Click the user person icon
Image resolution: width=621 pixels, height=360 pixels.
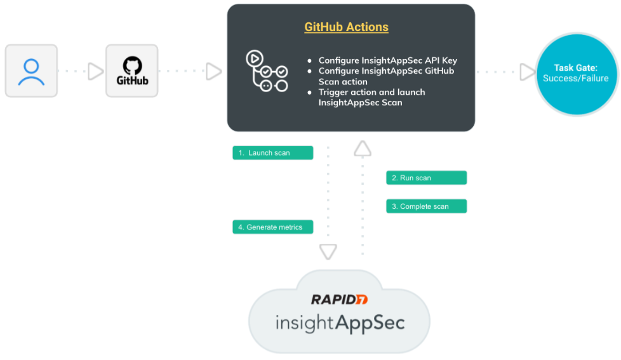click(x=31, y=71)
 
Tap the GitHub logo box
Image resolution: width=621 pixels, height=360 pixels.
click(x=132, y=71)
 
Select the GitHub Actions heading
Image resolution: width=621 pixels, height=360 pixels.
click(x=346, y=27)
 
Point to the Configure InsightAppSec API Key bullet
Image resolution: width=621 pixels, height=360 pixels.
click(x=387, y=61)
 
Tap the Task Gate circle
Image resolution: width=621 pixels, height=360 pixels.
click(x=576, y=72)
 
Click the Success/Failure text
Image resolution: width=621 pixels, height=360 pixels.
click(x=576, y=78)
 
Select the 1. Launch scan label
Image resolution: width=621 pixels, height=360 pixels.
click(x=273, y=153)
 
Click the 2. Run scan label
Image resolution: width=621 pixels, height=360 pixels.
click(x=426, y=178)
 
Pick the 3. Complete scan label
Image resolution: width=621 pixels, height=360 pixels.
click(x=426, y=206)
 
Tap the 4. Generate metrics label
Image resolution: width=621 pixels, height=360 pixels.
click(x=273, y=227)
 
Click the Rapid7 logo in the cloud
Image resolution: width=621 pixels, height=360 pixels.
click(x=339, y=299)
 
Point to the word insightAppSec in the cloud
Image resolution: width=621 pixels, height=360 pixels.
click(x=340, y=322)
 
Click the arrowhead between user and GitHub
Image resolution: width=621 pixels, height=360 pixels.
click(x=95, y=72)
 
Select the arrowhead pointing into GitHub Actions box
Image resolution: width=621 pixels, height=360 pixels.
click(x=214, y=72)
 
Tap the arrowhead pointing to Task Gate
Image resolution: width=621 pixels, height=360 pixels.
click(x=527, y=72)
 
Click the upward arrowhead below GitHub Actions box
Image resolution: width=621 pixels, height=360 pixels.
click(x=363, y=149)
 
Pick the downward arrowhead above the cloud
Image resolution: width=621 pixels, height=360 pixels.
click(x=328, y=252)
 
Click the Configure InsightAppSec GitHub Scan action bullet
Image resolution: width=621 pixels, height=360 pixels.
click(x=386, y=76)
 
